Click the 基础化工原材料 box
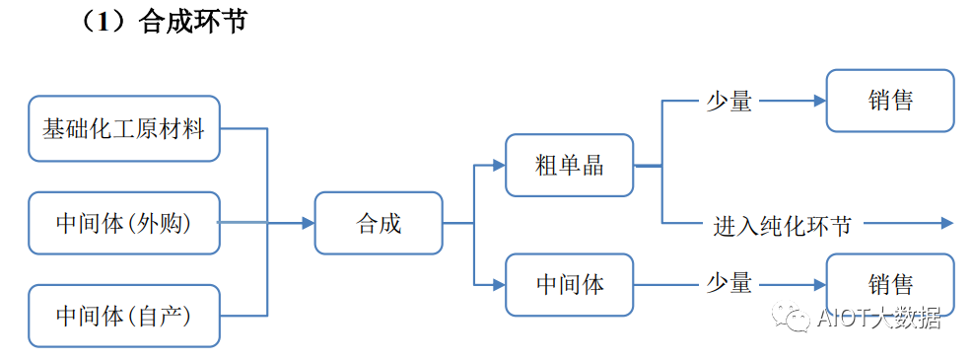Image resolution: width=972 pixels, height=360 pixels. [x=123, y=128]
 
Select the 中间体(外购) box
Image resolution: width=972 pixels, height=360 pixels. [x=123, y=223]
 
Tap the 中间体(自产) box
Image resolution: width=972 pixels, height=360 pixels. [x=123, y=317]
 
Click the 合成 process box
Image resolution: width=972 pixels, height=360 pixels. [x=379, y=223]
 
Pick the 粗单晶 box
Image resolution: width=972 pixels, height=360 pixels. [x=569, y=165]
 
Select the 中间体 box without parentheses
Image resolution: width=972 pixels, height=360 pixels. [x=569, y=285]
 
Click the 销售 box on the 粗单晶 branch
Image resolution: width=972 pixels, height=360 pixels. [x=890, y=101]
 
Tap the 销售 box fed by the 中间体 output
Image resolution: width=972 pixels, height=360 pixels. [x=890, y=285]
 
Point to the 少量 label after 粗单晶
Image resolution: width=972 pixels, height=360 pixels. [x=729, y=101]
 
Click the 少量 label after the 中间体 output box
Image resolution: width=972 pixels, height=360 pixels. [x=729, y=285]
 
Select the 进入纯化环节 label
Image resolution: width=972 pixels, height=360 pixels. [x=782, y=224]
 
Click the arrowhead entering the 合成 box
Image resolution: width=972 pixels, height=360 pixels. [x=308, y=223]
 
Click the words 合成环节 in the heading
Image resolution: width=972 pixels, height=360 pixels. [x=193, y=22]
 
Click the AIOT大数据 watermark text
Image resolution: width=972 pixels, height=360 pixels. [x=879, y=318]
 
